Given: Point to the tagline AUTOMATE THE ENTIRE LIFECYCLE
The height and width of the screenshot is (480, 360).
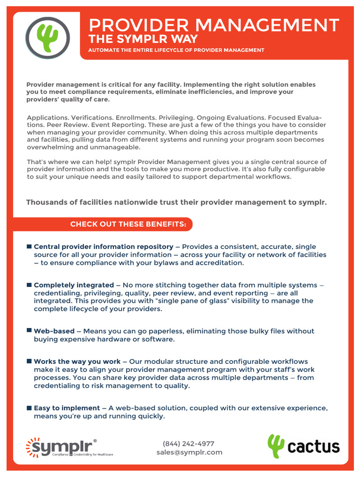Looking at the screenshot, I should (x=176, y=50).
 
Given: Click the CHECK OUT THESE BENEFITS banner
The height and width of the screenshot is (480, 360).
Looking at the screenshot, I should (x=128, y=225).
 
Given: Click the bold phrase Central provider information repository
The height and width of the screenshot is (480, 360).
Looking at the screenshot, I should (x=104, y=247).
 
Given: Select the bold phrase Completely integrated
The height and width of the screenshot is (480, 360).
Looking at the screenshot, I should (x=74, y=285).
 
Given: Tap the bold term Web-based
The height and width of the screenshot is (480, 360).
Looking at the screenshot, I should (x=54, y=331).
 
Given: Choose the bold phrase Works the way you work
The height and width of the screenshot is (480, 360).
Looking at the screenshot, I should (x=77, y=361).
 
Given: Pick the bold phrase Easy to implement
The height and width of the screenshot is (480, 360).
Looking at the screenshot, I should (x=67, y=408).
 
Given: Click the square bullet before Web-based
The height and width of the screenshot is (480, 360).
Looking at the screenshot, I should (x=30, y=330).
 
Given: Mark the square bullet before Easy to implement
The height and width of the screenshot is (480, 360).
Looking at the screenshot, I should (x=30, y=408).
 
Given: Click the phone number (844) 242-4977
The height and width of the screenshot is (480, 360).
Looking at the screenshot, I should (x=188, y=443).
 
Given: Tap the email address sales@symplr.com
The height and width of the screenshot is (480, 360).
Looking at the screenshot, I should (x=189, y=452).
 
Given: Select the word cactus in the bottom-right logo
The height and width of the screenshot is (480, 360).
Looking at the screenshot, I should (x=314, y=447).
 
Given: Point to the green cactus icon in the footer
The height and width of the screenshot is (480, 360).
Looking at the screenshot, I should (x=276, y=446).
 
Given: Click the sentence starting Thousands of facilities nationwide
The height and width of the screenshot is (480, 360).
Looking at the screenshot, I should (x=176, y=202).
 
